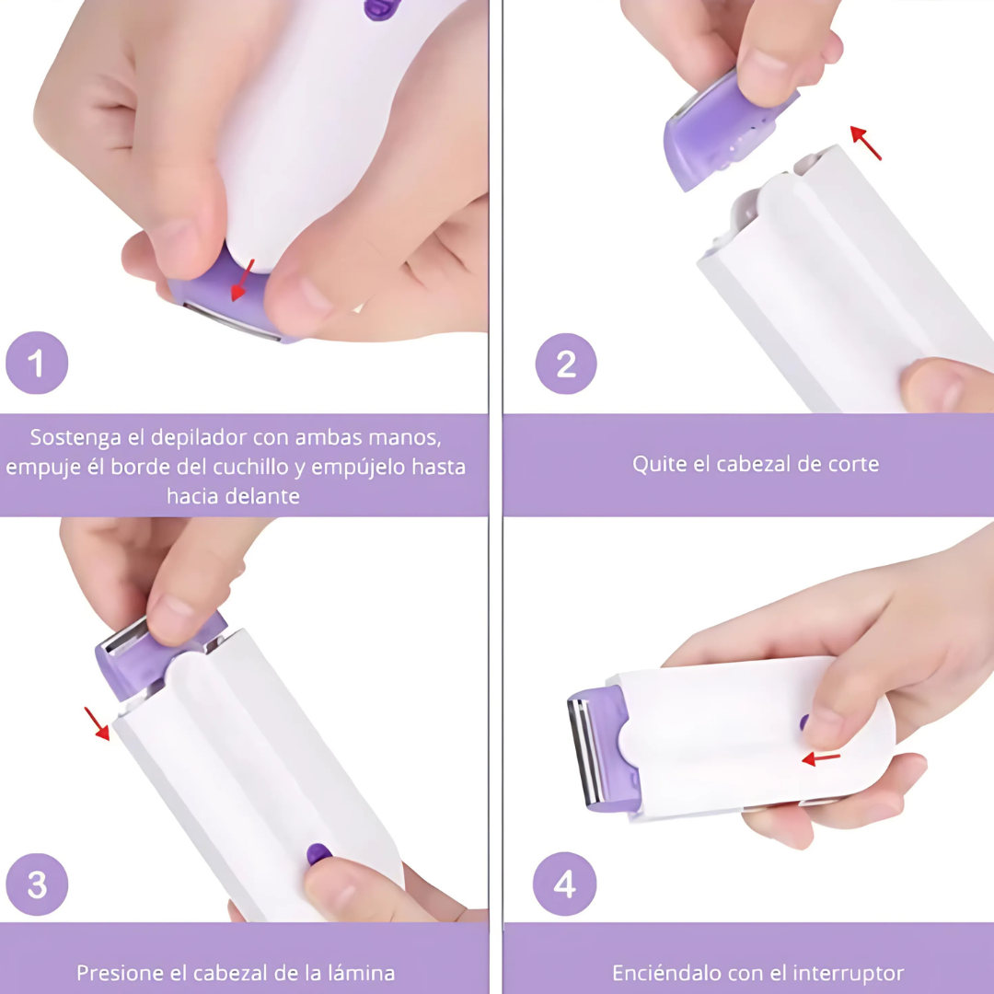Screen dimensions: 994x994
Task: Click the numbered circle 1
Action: point(37,363)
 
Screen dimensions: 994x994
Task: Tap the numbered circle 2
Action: point(566,364)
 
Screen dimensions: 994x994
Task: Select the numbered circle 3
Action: point(37,884)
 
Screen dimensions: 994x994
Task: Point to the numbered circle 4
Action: point(565,884)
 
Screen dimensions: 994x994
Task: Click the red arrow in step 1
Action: point(242,280)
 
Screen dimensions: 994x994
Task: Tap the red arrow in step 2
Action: point(866,143)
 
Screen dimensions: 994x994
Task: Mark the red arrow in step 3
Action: point(97,724)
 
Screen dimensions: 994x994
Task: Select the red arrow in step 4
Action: point(821,758)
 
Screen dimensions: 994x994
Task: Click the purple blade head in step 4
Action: point(601,748)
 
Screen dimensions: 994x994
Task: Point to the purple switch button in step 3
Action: point(318,854)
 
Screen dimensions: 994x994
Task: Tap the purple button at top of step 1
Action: point(382,9)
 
